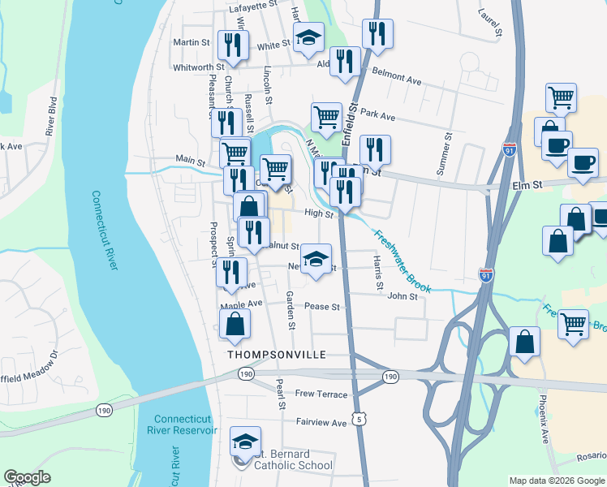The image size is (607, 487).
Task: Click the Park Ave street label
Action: tap(377, 115)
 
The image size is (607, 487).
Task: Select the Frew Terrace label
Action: tap(321, 394)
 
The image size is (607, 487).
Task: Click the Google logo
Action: tap(27, 477)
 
